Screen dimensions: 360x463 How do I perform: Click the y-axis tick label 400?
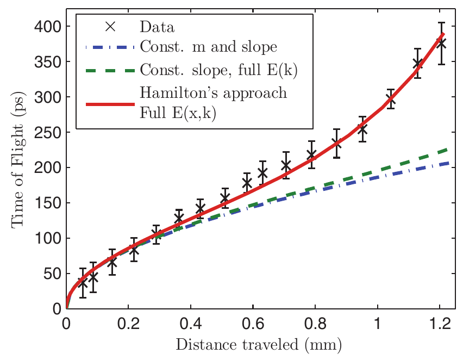48,26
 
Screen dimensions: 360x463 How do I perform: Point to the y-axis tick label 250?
48,132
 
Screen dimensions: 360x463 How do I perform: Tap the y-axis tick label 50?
52,274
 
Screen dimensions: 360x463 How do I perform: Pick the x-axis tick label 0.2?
128,322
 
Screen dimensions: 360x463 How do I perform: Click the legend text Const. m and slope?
209,47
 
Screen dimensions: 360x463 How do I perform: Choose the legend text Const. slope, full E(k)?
221,70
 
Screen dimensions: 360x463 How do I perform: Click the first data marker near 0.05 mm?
83,283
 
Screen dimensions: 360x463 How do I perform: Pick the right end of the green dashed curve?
454,148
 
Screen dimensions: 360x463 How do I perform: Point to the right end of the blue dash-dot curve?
454,163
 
